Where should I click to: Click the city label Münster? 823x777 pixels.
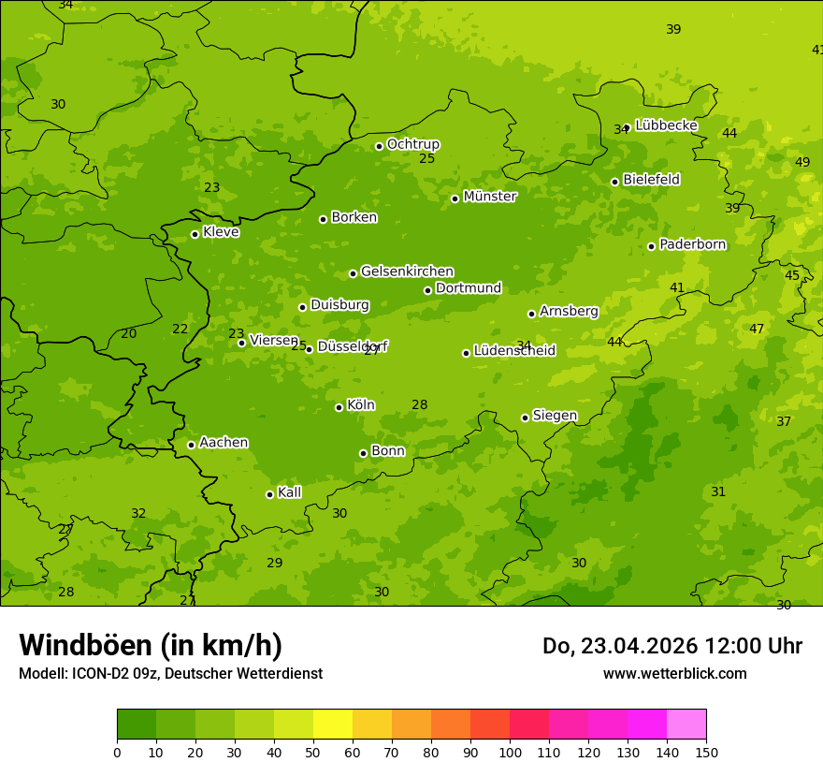point(489,197)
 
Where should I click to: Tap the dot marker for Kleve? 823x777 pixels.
point(195,234)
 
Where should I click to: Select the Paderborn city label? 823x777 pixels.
point(692,244)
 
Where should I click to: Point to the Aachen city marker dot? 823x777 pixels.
point(191,445)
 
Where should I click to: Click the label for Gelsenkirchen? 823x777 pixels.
point(407,271)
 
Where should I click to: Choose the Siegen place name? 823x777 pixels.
point(555,416)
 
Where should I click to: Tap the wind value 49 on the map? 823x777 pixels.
point(802,163)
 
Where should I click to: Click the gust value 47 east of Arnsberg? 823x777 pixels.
point(757,330)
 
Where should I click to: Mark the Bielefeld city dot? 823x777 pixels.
point(614,182)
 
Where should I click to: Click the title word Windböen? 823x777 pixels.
point(85,646)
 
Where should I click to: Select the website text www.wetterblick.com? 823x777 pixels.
point(674,674)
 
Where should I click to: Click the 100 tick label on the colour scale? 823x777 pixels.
point(510,752)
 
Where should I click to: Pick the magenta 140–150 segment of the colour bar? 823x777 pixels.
point(686,724)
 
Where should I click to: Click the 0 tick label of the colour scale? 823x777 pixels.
point(117,752)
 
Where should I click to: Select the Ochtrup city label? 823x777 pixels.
point(412,144)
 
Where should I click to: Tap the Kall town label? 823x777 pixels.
point(289,492)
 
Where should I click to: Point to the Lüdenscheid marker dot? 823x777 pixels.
point(466,353)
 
